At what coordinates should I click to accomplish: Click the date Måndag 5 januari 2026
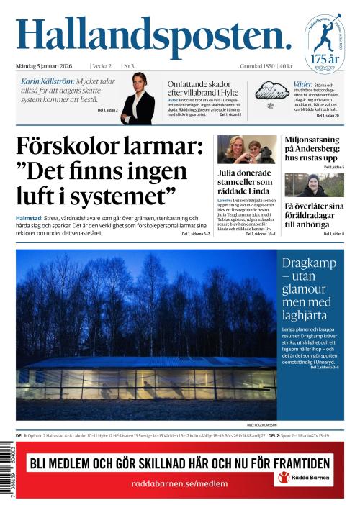(47, 66)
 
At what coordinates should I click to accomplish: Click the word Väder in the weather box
(302, 83)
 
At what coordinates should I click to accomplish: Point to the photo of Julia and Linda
(247, 149)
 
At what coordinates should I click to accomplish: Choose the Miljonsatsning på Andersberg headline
(314, 147)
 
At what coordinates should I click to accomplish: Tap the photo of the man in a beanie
(314, 185)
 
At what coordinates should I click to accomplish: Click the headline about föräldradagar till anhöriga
(314, 215)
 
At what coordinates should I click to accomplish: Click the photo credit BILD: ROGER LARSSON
(261, 425)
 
